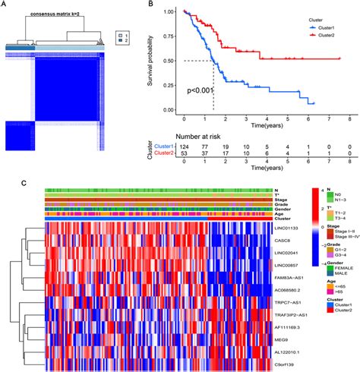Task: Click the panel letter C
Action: pyautogui.click(x=5, y=182)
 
